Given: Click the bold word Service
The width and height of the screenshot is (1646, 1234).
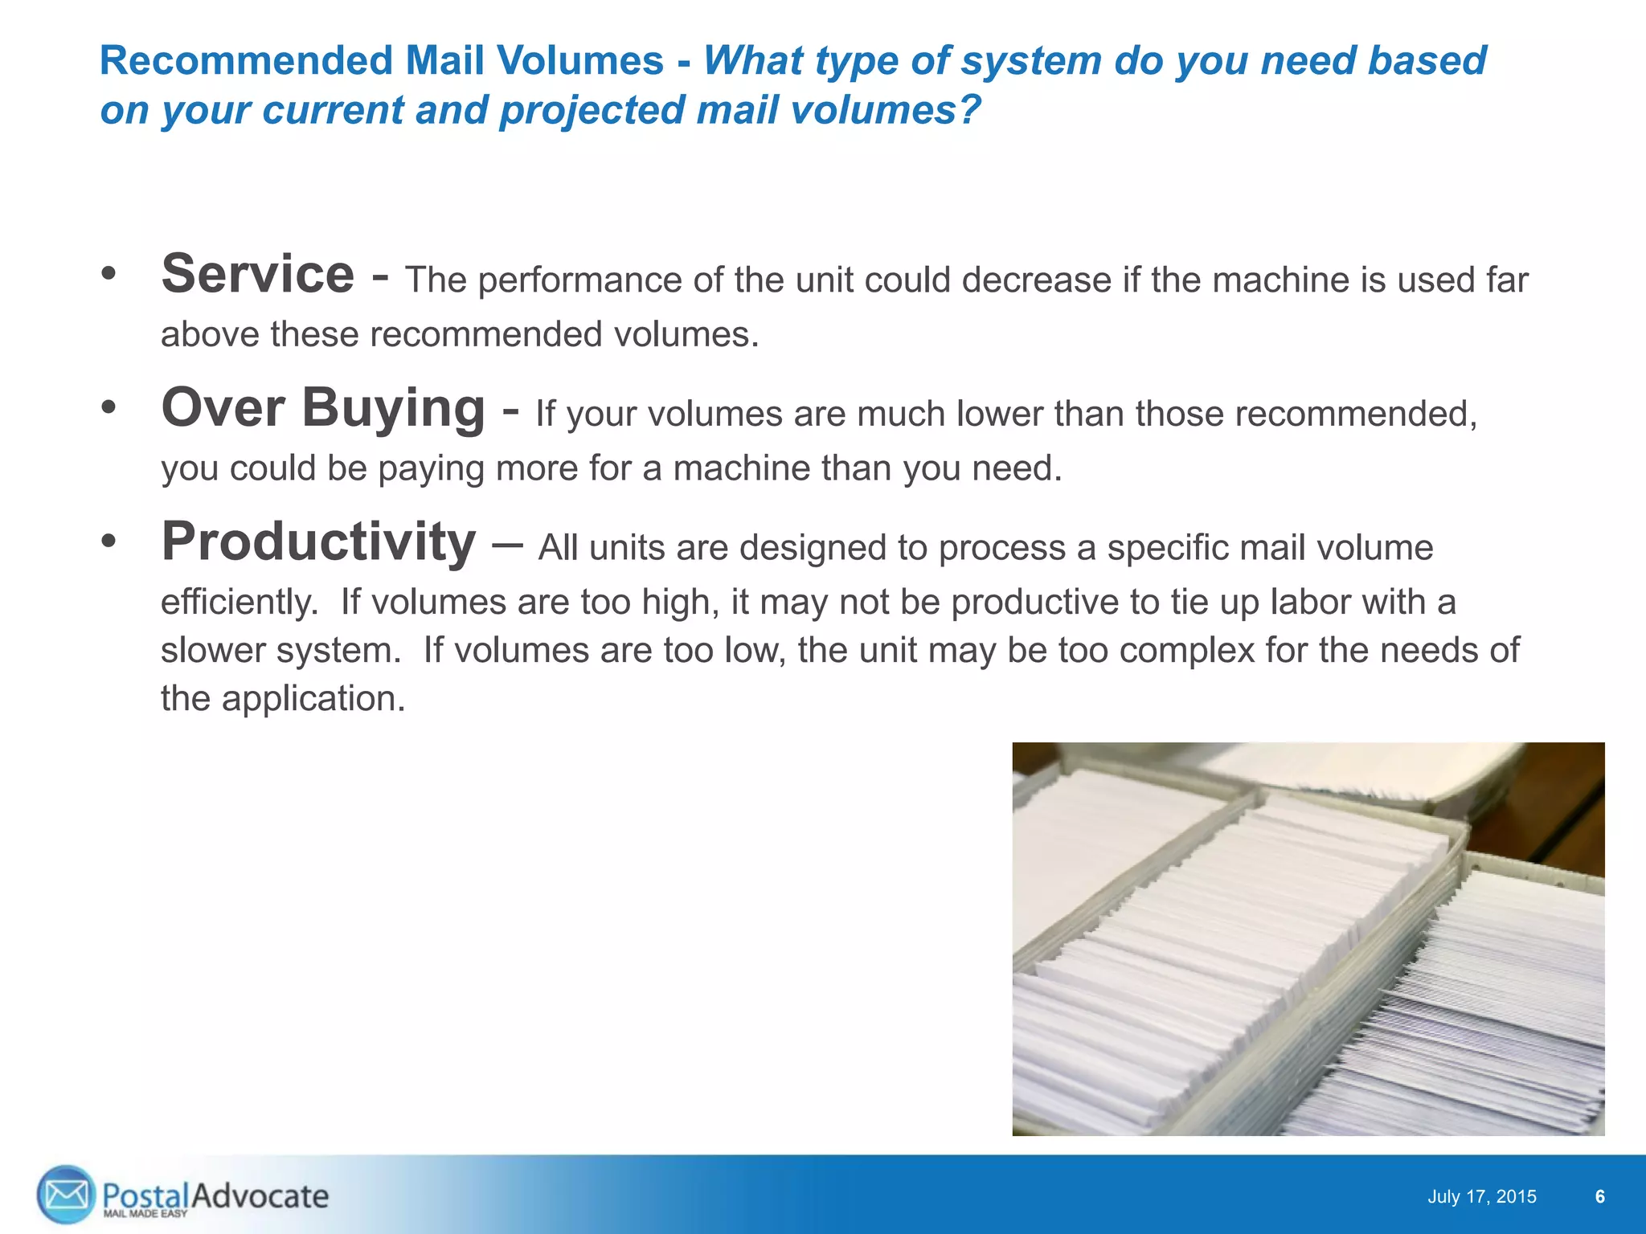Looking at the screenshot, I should (257, 275).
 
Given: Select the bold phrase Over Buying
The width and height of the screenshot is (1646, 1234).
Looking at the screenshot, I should (323, 409).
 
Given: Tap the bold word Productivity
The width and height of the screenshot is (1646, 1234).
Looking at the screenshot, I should (318, 542).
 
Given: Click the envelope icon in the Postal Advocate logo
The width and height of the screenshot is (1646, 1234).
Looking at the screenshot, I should (66, 1195).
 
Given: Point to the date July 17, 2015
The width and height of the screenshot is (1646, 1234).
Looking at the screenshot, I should (1481, 1197).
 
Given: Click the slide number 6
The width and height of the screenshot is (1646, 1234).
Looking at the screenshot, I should (1599, 1197).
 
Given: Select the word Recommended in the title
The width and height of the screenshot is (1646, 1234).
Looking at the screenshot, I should (246, 61).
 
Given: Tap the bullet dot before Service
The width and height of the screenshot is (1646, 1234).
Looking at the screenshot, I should (109, 275).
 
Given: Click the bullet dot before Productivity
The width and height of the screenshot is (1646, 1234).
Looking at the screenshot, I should (109, 542).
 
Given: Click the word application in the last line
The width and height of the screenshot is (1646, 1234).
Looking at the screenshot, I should (313, 699).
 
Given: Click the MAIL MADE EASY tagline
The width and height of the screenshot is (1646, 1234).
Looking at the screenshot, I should (145, 1214).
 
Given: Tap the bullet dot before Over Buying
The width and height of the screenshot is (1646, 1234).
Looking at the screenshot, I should (109, 409).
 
